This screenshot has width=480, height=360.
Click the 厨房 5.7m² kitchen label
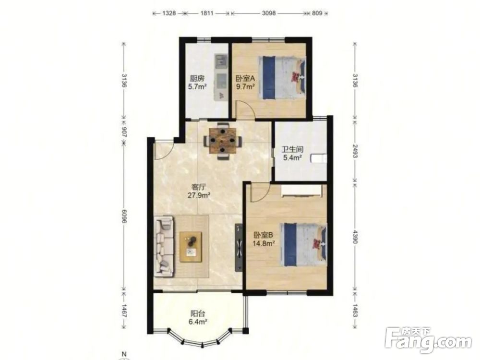(196, 83)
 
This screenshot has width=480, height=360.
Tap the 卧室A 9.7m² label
(245, 83)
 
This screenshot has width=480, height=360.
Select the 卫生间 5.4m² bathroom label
(292, 154)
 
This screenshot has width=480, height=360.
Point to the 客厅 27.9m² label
(199, 191)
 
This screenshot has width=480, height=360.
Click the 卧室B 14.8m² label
(264, 239)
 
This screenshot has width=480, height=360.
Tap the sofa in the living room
(164, 246)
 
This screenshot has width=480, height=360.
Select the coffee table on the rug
(191, 247)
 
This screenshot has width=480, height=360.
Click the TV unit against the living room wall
(239, 247)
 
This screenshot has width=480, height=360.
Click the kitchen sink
(220, 61)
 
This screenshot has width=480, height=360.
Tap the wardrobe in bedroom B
(302, 191)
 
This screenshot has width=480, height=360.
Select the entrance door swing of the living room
(163, 150)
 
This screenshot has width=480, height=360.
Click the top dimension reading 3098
(269, 13)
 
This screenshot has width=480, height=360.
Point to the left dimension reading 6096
(124, 216)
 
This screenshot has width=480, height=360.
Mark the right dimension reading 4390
(355, 236)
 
